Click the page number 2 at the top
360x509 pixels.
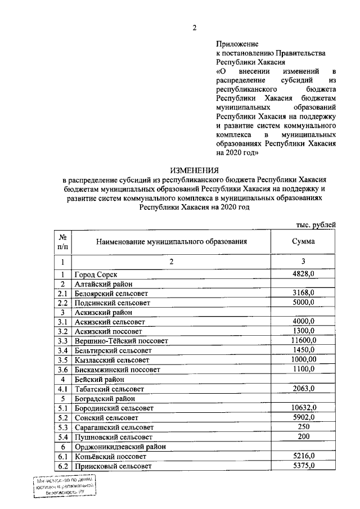tap(195, 29)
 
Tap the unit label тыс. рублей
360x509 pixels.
tap(316, 224)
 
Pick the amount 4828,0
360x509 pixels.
tap(303, 273)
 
